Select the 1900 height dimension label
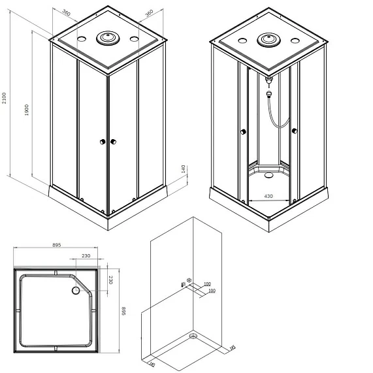point(26,111)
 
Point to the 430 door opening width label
point(268,195)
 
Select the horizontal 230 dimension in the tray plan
point(86,256)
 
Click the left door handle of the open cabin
point(243,132)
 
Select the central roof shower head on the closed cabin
point(106,39)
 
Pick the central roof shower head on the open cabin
point(268,41)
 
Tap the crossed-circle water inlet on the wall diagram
point(189,281)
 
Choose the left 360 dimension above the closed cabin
point(67,13)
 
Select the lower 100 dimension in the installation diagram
point(211,291)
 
